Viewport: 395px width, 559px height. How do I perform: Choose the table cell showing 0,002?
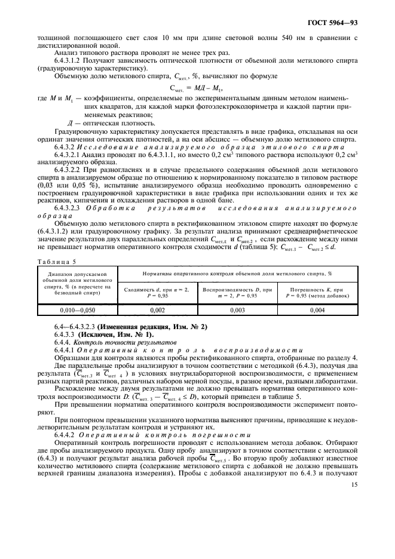[x=157, y=310]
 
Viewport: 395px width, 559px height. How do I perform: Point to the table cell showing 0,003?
[x=238, y=310]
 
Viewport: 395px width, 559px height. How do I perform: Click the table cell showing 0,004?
[x=318, y=310]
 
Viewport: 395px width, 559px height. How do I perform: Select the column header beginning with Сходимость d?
[x=157, y=292]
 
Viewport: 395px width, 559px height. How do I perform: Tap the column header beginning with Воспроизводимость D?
[x=238, y=292]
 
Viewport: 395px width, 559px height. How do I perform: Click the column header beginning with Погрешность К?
[x=318, y=292]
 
